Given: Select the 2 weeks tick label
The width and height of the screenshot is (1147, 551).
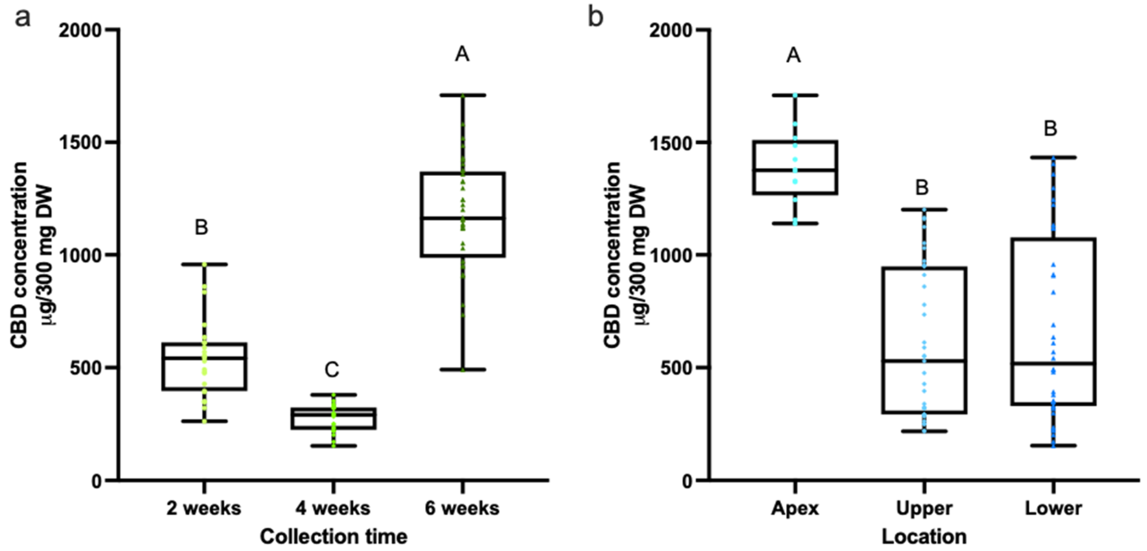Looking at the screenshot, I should (204, 508).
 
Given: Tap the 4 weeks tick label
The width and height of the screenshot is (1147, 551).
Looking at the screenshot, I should (332, 508).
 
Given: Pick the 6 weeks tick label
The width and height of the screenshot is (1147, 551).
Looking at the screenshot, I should (462, 508).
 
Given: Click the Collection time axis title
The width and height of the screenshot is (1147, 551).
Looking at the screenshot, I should (334, 536).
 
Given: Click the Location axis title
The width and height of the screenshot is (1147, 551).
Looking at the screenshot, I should (924, 536).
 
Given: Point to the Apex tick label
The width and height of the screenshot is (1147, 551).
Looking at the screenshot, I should (795, 508).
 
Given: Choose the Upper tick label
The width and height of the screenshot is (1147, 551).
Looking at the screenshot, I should (924, 508).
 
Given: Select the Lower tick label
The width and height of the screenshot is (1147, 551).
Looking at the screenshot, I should (1053, 508).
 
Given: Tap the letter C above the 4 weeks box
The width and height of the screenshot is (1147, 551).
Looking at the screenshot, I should (332, 370).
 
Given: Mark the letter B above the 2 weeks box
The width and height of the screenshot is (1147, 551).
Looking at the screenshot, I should (201, 228).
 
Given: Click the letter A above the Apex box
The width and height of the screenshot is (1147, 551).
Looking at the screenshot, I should (794, 56).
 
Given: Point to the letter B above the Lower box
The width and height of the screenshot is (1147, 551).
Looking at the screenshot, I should (1050, 129).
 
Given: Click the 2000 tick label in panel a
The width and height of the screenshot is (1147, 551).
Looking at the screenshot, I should (83, 30).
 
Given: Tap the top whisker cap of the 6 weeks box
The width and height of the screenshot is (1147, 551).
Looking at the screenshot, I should (463, 95).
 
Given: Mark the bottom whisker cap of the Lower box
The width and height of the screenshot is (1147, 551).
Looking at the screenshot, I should (1053, 445).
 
